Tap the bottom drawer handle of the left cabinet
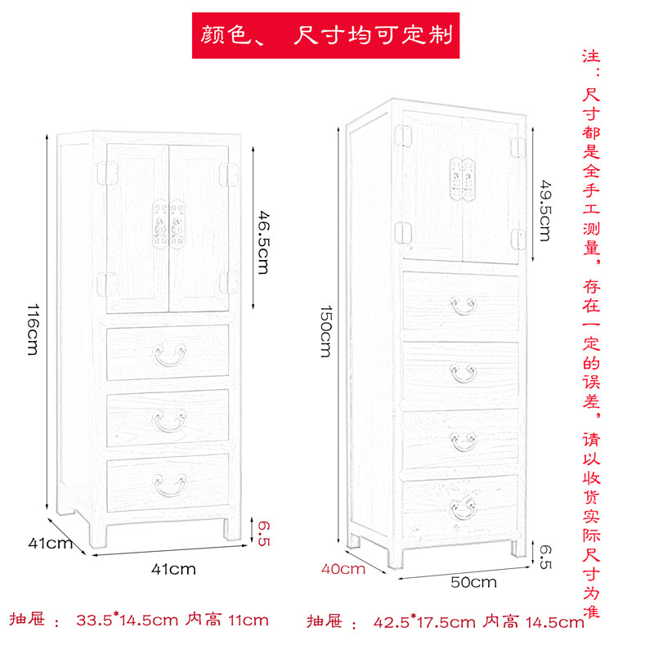[x=169, y=485]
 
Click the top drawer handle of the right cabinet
[x=464, y=306]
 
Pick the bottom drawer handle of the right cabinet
[x=464, y=507]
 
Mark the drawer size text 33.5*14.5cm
[x=127, y=620]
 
